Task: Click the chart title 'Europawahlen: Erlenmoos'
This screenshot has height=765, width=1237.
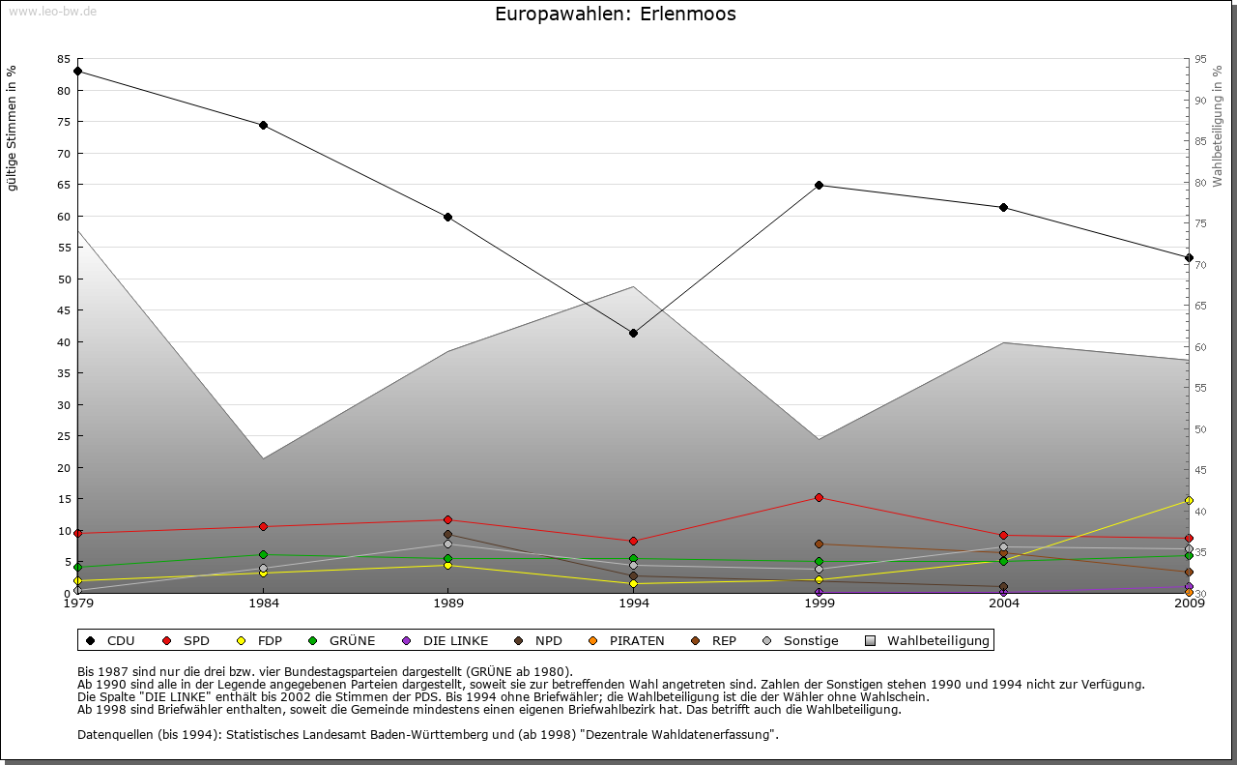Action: tap(615, 15)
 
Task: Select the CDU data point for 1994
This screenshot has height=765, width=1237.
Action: tap(633, 333)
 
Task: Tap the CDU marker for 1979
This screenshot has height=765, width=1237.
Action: tap(77, 71)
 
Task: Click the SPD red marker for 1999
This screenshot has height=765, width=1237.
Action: tap(819, 497)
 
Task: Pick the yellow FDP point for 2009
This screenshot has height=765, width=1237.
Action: tap(1189, 500)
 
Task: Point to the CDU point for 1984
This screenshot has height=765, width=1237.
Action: tap(263, 125)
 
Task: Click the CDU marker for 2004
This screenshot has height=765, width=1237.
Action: tap(1004, 207)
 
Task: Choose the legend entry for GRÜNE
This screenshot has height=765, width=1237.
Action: tap(343, 640)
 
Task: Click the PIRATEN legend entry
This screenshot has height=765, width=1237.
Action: tap(626, 640)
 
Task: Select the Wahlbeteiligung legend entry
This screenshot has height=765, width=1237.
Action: tap(928, 640)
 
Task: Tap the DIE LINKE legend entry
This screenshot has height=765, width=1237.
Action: tap(446, 640)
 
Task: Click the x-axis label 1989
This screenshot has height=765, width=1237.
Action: tap(448, 604)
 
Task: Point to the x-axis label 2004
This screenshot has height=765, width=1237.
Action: tap(1004, 604)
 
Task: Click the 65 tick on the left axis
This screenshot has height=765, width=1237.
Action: tap(64, 185)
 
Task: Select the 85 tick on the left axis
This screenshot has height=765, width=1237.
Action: tap(64, 59)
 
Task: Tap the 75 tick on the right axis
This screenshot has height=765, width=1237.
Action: tap(1199, 223)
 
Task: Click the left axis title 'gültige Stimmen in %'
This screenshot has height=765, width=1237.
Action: tap(13, 128)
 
